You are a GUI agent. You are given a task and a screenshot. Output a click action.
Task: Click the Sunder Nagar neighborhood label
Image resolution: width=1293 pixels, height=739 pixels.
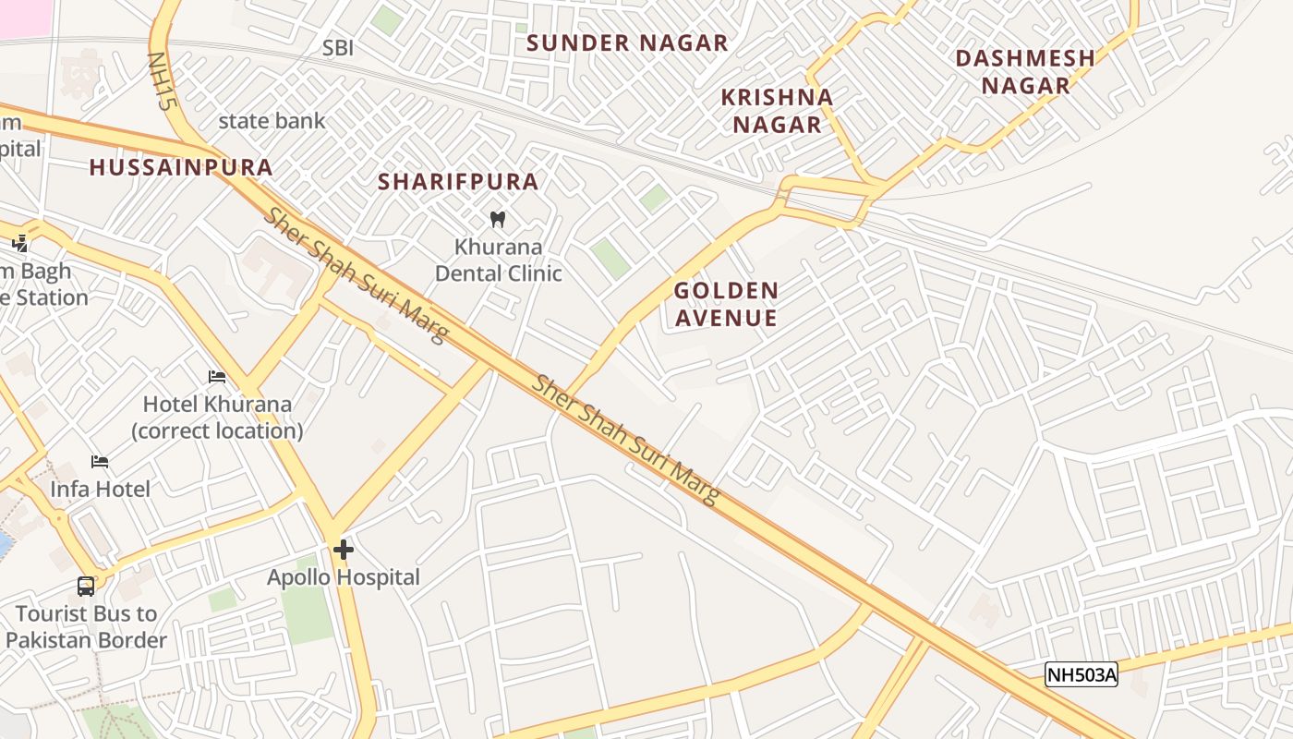click(627, 42)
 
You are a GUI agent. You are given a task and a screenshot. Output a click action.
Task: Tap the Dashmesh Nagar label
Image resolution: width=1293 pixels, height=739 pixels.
click(1025, 71)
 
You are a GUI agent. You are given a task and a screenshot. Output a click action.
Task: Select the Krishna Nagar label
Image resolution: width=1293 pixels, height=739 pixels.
click(777, 110)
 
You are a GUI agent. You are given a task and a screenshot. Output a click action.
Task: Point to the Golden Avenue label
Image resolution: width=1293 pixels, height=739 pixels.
click(726, 304)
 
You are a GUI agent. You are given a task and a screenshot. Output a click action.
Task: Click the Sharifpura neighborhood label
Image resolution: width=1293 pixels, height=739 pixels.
click(458, 181)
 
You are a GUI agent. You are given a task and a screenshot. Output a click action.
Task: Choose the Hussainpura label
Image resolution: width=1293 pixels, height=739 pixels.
click(181, 167)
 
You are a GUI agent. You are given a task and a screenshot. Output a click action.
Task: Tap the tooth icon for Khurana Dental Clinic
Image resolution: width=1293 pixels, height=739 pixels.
click(498, 220)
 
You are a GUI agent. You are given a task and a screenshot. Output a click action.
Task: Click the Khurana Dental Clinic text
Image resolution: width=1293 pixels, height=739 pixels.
click(498, 260)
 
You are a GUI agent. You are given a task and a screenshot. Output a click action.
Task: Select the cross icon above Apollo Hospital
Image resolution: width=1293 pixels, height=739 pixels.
click(344, 551)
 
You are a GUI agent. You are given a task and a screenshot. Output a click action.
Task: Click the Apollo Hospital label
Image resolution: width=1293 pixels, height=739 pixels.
click(344, 577)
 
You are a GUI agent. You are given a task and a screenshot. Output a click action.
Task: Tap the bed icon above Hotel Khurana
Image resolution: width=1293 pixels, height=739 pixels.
click(217, 377)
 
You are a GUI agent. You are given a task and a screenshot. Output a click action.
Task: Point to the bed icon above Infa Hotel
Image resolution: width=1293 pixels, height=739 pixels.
click(100, 462)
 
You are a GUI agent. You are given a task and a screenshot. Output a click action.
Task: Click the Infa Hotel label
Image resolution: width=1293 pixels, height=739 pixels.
click(100, 489)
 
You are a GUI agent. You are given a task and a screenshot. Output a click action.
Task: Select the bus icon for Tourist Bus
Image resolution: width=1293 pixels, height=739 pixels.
click(86, 586)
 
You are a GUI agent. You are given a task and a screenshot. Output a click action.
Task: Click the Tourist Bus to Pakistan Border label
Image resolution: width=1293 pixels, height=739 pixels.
click(86, 626)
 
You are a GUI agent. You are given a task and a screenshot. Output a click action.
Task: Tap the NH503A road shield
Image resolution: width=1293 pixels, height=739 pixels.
click(1081, 674)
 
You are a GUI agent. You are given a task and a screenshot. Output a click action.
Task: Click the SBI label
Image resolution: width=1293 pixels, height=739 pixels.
click(338, 48)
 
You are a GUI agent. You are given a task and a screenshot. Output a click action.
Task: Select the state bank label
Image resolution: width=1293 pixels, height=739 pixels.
click(272, 121)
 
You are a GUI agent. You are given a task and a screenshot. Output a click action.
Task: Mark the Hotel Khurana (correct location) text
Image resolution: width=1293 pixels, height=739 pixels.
click(217, 418)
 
